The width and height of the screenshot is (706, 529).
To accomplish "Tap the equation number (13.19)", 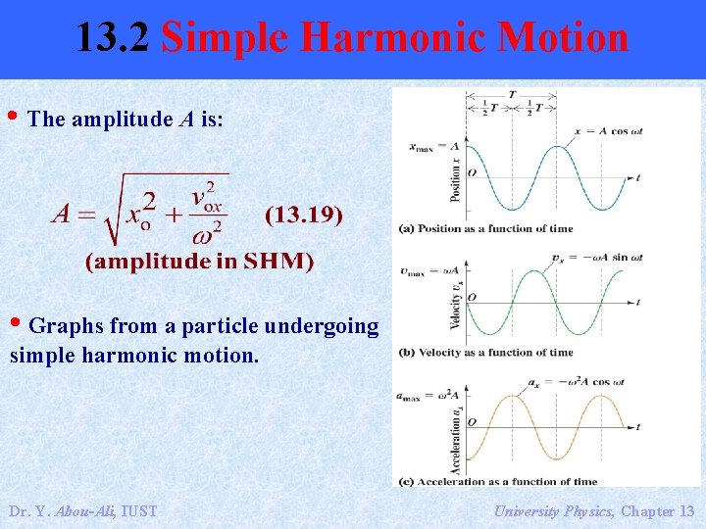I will (304, 215).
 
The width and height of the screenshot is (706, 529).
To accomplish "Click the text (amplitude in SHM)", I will (199, 261).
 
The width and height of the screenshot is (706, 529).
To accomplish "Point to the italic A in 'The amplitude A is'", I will (186, 120).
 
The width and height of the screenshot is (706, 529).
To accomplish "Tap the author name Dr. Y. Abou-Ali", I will (82, 510).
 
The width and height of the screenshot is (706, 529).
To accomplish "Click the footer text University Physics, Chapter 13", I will (594, 510).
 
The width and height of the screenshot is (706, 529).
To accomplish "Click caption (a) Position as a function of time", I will (485, 228).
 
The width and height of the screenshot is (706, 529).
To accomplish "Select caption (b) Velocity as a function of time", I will (485, 353).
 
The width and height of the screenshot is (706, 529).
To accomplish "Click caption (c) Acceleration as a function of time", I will (497, 481).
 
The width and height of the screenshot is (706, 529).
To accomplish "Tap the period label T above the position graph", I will (512, 95).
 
